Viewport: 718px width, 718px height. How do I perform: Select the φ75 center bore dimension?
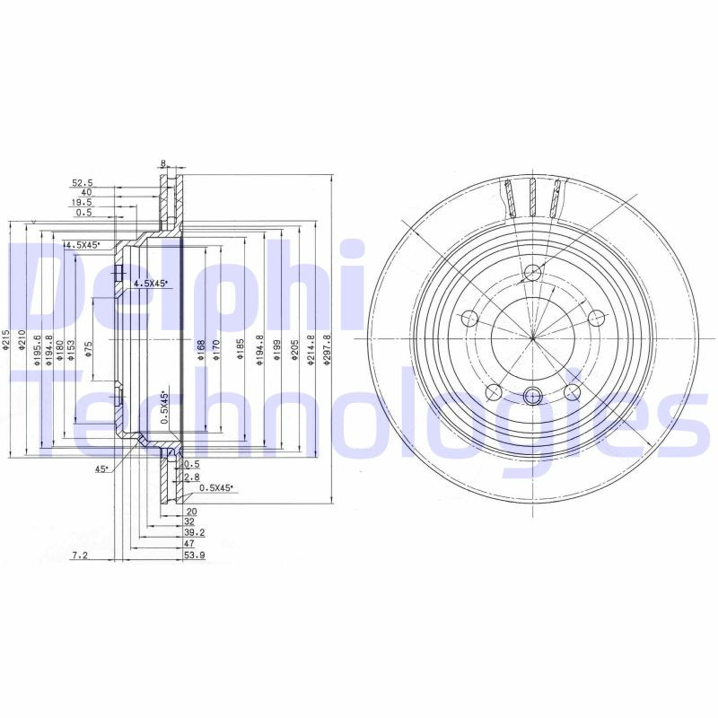pyautogui.click(x=88, y=349)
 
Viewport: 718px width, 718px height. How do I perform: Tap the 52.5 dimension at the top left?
pyautogui.click(x=83, y=183)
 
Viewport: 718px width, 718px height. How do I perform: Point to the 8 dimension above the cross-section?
pyautogui.click(x=163, y=163)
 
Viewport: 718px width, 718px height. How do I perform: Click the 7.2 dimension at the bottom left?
pyautogui.click(x=79, y=556)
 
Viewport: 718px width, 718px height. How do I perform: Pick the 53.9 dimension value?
pyautogui.click(x=194, y=556)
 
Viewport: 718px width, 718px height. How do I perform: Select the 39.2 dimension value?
pyautogui.click(x=194, y=531)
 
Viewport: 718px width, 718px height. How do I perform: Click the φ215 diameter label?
pyautogui.click(x=6, y=341)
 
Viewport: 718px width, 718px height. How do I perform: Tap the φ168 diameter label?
pyautogui.click(x=202, y=349)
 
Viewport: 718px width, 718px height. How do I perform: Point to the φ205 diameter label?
pyautogui.click(x=293, y=349)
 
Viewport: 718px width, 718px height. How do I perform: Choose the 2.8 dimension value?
pyautogui.click(x=191, y=477)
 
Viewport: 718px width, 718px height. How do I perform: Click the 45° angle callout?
pyautogui.click(x=102, y=468)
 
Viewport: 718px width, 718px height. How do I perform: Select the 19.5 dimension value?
pyautogui.click(x=83, y=204)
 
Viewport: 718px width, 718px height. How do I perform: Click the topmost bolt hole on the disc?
pyautogui.click(x=532, y=273)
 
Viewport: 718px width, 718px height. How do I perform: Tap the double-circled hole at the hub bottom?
pyautogui.click(x=532, y=395)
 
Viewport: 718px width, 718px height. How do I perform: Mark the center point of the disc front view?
pyautogui.click(x=532, y=337)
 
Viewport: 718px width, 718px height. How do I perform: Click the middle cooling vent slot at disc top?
pyautogui.click(x=532, y=197)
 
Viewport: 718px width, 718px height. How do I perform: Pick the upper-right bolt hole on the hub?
pyautogui.click(x=594, y=318)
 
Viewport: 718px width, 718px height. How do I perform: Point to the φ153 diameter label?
pyautogui.click(x=71, y=349)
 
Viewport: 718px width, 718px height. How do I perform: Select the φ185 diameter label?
pyautogui.click(x=240, y=349)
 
